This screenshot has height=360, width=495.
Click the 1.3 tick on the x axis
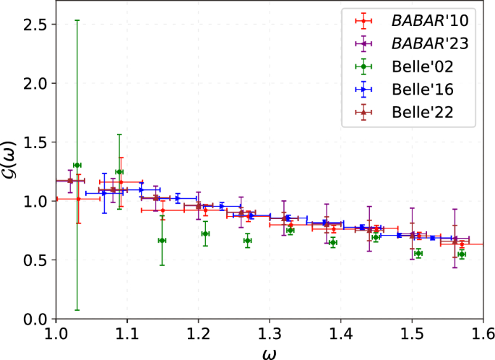pos(270,334)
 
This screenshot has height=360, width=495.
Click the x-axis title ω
pos(269,352)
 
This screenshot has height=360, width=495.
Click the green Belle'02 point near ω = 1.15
pos(162,240)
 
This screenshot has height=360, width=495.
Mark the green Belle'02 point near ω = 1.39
pos(332,242)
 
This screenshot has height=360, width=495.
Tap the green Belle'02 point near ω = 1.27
pos(247,240)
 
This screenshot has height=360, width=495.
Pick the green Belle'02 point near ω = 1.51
pos(418,253)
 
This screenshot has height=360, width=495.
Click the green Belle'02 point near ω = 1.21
pos(205,233)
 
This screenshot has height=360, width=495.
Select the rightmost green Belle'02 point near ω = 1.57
pos(461,254)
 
